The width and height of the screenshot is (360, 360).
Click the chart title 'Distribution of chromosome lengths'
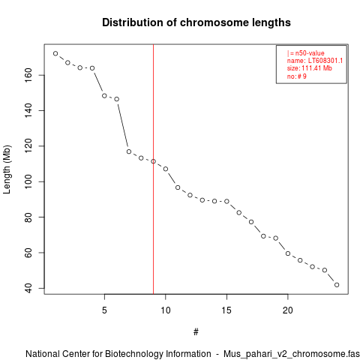click(196, 22)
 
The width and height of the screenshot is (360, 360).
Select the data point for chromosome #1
click(55, 53)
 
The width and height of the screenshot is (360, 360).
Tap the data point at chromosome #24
click(337, 285)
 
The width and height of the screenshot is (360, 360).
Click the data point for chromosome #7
click(129, 151)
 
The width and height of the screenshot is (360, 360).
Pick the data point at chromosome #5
click(104, 96)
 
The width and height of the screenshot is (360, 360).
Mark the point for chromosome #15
click(226, 201)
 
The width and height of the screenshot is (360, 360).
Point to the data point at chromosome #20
click(288, 253)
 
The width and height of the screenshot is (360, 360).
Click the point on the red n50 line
click(153, 161)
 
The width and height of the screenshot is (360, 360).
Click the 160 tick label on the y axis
click(28, 75)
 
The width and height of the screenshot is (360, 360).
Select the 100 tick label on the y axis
click(28, 181)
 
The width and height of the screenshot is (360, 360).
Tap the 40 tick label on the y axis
click(28, 288)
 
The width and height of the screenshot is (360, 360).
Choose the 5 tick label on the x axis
click(104, 310)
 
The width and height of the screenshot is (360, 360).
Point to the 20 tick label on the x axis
click(288, 310)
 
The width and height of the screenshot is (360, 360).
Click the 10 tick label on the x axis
click(166, 310)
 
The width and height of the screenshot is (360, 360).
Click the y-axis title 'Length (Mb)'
click(7, 169)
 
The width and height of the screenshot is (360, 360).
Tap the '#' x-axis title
click(196, 332)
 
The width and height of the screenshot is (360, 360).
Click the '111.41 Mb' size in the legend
click(316, 68)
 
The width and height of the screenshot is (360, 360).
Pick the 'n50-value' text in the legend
click(310, 53)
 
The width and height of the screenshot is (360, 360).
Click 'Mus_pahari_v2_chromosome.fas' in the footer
click(292, 354)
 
